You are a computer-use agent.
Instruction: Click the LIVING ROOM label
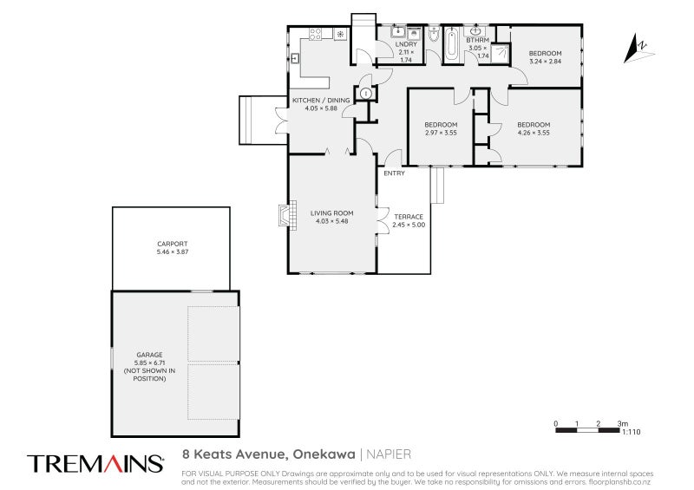pos(331,212)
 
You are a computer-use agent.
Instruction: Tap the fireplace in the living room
pos(287,215)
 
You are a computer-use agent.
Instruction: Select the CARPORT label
pos(172,244)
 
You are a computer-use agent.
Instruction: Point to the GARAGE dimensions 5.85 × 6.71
pos(149,363)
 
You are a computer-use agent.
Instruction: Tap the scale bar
pos(587,430)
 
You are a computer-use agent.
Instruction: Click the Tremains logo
pos(95,463)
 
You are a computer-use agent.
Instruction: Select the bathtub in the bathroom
pos(452,45)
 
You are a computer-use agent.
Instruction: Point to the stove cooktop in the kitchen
pos(315,35)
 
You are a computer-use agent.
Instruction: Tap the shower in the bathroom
pos(501,54)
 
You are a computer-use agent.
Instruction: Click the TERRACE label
pos(409,217)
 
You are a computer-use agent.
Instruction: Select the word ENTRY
pos(395,173)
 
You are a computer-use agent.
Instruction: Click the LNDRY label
pos(406,44)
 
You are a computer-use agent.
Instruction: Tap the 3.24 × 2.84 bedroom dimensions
pos(546,62)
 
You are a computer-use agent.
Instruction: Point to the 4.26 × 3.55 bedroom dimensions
pos(534,133)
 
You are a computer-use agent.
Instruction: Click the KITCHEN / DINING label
pos(321,101)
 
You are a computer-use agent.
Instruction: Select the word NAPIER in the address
pos(389,454)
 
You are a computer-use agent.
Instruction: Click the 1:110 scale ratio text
pos(632,432)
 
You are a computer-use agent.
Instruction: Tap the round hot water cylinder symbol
pos(366,94)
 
